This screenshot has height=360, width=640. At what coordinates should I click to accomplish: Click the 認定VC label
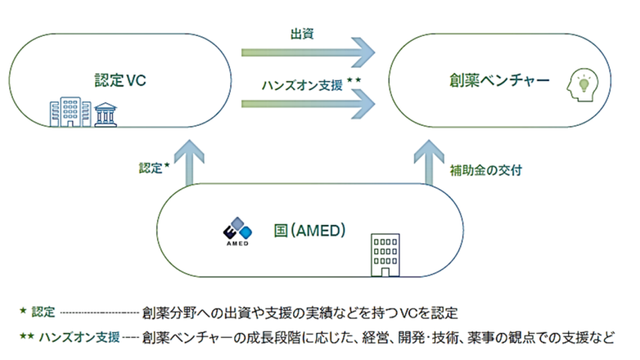click(x=121, y=81)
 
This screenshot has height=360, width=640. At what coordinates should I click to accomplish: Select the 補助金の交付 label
click(x=485, y=171)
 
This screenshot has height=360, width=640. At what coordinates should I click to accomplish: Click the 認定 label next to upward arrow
click(x=152, y=168)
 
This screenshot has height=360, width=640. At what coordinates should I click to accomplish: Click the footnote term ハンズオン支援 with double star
click(x=75, y=336)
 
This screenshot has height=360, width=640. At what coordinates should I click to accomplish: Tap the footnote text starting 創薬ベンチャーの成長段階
click(x=376, y=336)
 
